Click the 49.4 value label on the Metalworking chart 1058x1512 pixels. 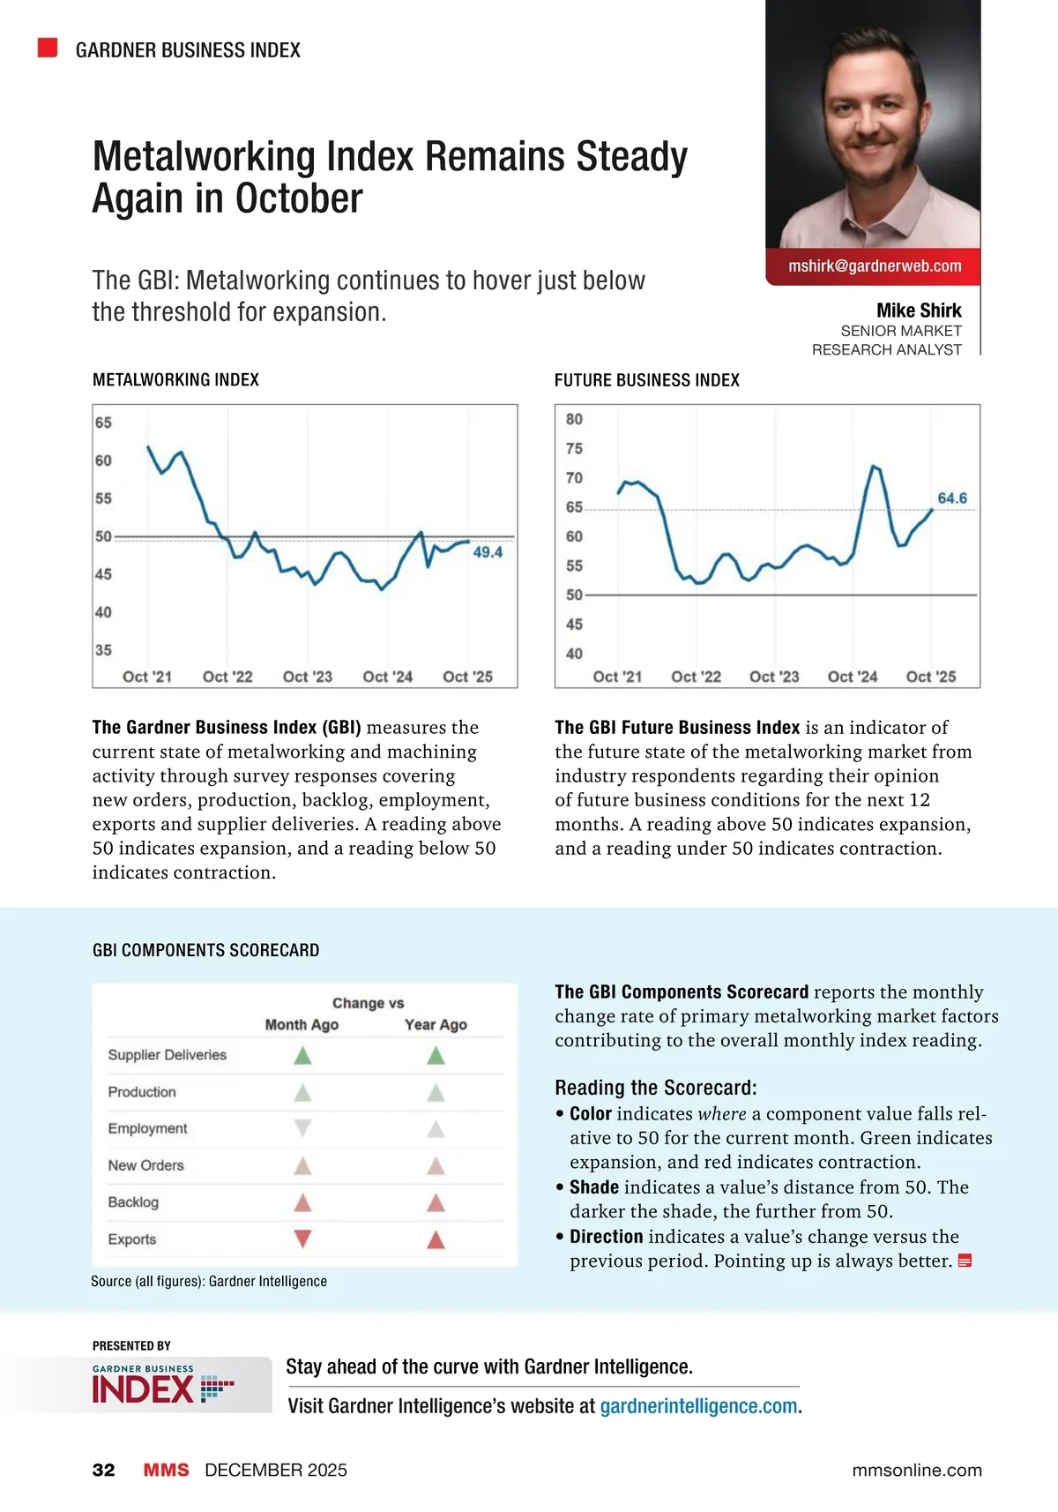(x=488, y=552)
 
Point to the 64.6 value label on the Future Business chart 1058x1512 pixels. (x=952, y=498)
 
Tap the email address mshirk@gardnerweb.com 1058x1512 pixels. (x=875, y=266)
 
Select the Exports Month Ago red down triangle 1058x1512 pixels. (x=302, y=1239)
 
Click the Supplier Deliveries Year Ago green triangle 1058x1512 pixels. (x=436, y=1055)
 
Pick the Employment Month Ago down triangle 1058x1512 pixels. (x=302, y=1127)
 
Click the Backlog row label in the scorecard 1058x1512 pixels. (x=133, y=1202)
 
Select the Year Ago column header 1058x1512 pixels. (x=436, y=1025)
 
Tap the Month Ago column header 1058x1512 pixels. (x=302, y=1025)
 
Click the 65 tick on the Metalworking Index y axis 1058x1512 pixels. (x=103, y=423)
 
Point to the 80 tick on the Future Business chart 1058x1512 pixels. (x=574, y=419)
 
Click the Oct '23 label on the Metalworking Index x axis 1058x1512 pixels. (x=308, y=677)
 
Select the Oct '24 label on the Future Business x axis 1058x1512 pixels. (x=853, y=677)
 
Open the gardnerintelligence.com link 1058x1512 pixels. (x=698, y=1406)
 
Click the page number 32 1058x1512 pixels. (x=103, y=1470)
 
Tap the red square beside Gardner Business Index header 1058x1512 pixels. (x=48, y=48)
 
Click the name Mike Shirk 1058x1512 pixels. (x=919, y=311)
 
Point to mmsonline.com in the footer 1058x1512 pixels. (x=917, y=1470)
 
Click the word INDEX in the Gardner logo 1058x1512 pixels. (x=142, y=1390)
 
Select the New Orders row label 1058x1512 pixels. (x=146, y=1165)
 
